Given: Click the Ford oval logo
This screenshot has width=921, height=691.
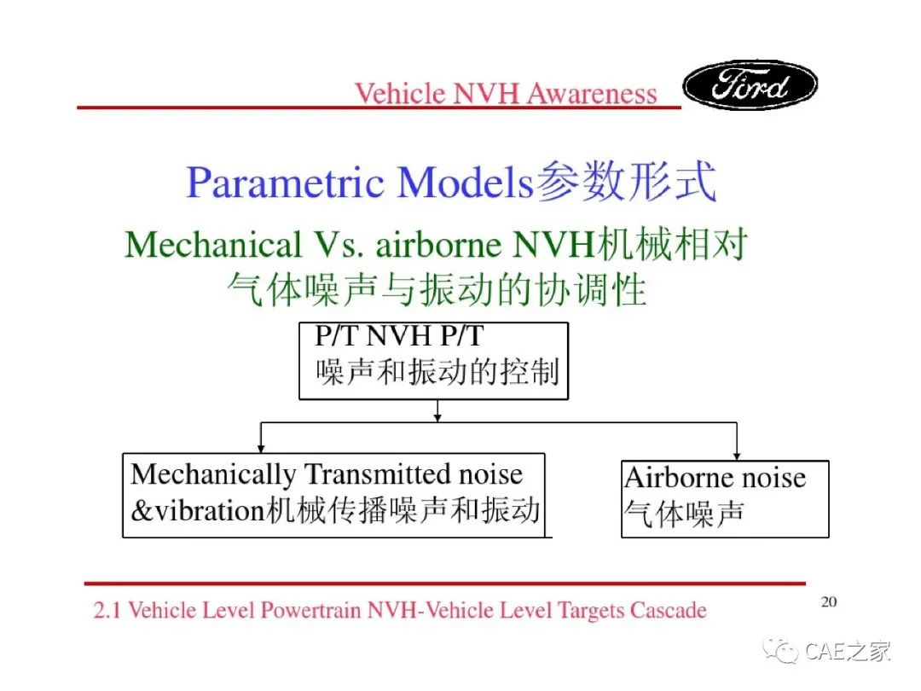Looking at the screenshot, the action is click(750, 85).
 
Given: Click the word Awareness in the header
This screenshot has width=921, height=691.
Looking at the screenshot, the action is click(591, 94).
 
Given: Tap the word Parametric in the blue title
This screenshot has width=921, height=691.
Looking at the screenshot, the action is click(285, 183).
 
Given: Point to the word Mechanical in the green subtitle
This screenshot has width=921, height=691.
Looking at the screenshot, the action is click(213, 245).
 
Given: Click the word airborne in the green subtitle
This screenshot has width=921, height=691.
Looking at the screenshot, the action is click(439, 245).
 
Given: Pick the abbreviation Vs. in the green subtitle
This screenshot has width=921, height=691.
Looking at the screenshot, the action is click(339, 245).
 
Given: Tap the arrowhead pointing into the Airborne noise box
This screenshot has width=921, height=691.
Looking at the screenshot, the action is click(737, 456).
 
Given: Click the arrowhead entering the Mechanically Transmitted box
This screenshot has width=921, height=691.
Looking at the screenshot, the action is click(261, 449).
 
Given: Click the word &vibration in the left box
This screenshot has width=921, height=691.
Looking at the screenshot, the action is click(197, 510).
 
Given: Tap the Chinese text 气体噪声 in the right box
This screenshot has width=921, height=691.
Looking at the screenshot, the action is click(684, 514).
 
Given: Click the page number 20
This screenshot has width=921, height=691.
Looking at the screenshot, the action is click(829, 601).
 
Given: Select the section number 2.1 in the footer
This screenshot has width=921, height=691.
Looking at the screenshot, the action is click(107, 610).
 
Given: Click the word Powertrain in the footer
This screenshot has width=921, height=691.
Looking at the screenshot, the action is click(310, 611).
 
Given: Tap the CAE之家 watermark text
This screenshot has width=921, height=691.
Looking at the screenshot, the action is click(848, 652).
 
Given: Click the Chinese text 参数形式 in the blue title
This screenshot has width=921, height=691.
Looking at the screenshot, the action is click(626, 181).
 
